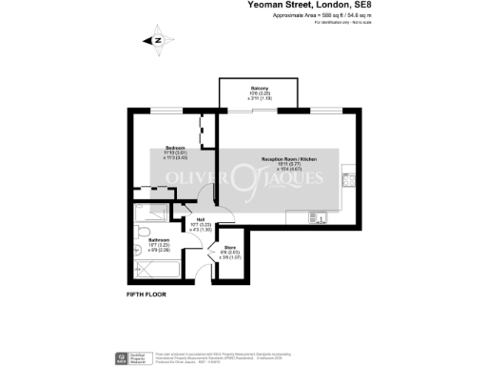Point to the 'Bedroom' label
[175, 149]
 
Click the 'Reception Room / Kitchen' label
[288, 159]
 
